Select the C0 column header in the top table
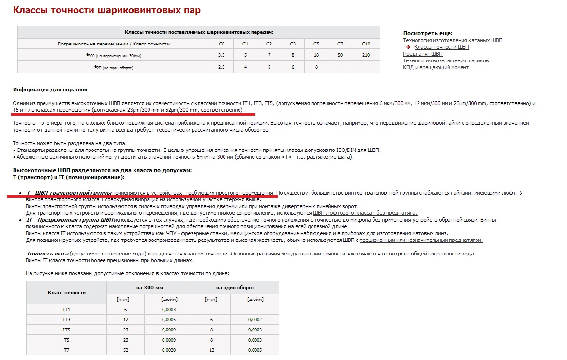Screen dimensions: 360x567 pos(222,44)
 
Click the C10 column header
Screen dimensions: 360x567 pos(366,44)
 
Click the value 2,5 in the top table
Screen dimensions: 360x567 pos(222,67)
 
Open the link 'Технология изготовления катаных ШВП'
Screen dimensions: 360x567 pos(453,40)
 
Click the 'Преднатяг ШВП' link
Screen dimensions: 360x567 pos(423,54)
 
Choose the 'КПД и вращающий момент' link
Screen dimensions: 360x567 pos(436,67)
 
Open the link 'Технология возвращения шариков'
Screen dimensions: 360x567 pos(446,60)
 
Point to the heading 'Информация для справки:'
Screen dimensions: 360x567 pos(50,90)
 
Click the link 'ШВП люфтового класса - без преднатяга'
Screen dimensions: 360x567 pos(365,213)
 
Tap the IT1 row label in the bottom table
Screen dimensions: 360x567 pos(66,309)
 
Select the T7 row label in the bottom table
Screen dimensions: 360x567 pos(66,350)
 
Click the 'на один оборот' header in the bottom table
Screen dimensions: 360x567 pos(235,288)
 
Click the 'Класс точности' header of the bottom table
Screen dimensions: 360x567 pos(66,293)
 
